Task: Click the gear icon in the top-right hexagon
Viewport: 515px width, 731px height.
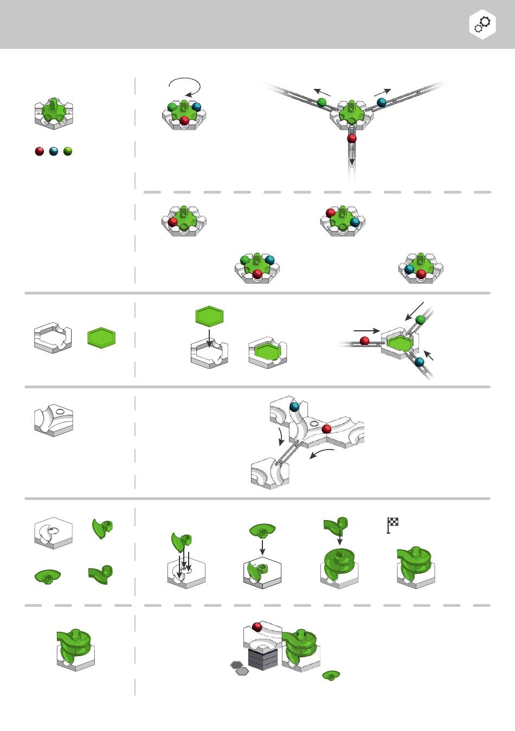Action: (x=482, y=24)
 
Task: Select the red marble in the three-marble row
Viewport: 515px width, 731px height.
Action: (x=39, y=151)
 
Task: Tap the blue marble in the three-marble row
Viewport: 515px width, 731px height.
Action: (x=53, y=151)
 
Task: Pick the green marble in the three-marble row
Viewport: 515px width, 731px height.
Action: (x=68, y=151)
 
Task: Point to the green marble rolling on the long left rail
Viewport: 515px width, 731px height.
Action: (x=321, y=101)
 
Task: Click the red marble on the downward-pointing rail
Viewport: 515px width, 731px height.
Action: (x=352, y=138)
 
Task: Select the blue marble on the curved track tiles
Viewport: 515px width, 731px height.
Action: (x=294, y=406)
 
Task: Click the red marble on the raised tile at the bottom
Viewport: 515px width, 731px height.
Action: (x=257, y=627)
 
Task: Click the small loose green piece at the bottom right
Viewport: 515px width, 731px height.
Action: (x=331, y=675)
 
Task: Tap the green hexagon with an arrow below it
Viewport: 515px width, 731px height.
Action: (x=209, y=316)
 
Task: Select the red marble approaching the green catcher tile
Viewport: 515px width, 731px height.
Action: (x=365, y=341)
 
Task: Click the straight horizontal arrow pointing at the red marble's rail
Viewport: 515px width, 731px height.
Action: (x=366, y=330)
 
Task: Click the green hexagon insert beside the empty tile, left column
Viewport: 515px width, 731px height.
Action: (x=102, y=338)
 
